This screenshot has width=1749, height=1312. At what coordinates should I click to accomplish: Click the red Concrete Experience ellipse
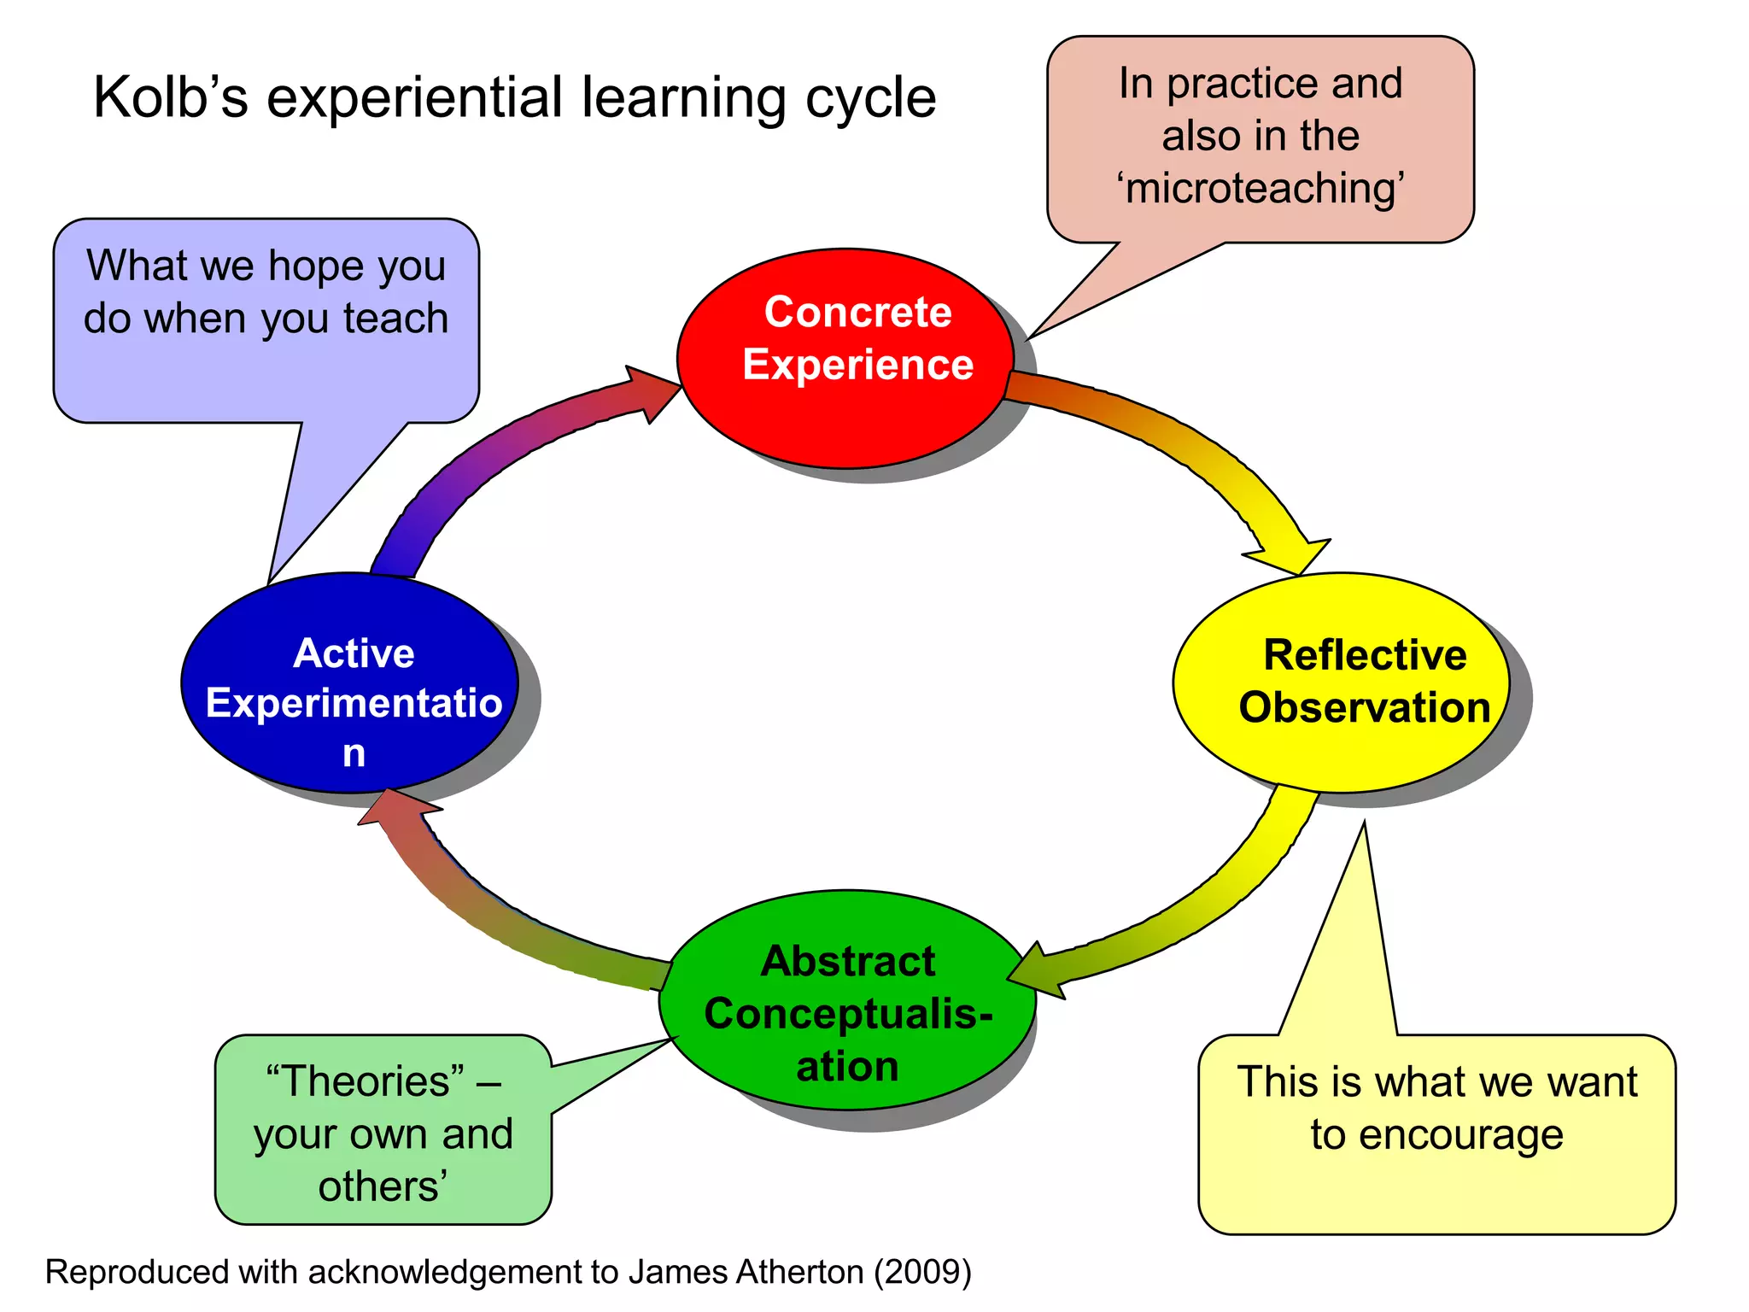tap(845, 410)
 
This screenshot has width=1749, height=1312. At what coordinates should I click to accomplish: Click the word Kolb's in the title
tap(171, 97)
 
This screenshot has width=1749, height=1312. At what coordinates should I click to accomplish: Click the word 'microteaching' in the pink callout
tap(1261, 188)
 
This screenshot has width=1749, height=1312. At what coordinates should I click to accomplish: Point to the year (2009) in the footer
tap(921, 1272)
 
